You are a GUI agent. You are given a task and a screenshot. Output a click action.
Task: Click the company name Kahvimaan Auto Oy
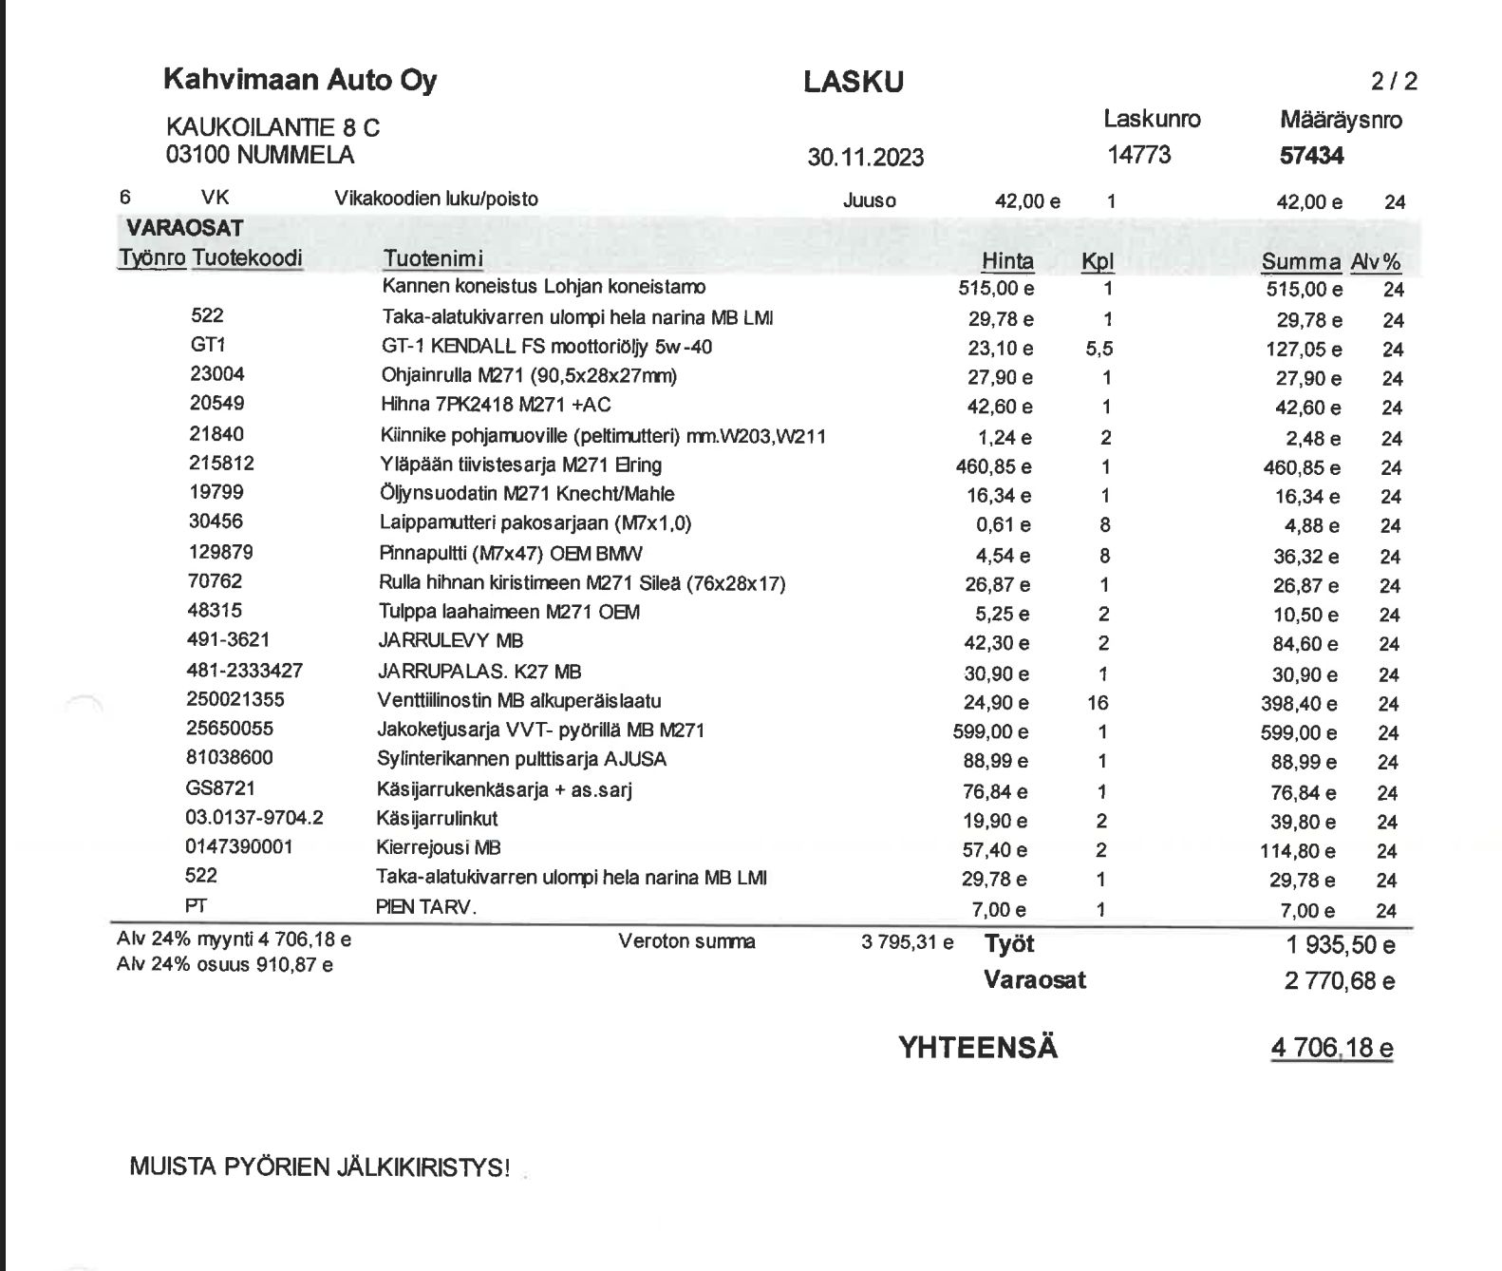(x=300, y=79)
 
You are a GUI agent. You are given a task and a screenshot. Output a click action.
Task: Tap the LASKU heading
(x=853, y=82)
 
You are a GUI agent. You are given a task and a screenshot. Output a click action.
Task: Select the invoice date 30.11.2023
(x=865, y=157)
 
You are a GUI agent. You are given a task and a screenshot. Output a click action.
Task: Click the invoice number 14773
(x=1138, y=155)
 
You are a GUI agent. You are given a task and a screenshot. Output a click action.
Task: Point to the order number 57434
(x=1311, y=156)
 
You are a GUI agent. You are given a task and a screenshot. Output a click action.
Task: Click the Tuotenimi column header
(x=433, y=258)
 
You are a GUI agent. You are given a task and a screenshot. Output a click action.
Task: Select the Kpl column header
(x=1097, y=261)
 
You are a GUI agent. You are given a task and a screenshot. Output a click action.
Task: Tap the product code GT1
(x=208, y=345)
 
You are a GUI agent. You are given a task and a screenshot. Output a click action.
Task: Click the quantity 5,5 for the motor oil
(x=1098, y=349)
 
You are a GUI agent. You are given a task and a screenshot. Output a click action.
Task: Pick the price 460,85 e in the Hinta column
(x=994, y=466)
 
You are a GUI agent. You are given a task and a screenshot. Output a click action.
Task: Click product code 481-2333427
(x=244, y=671)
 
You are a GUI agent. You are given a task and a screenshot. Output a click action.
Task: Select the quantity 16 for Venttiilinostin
(x=1098, y=703)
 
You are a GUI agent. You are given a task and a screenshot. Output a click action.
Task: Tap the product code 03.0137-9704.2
(x=254, y=818)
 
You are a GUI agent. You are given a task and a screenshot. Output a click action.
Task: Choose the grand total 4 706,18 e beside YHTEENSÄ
(x=1331, y=1048)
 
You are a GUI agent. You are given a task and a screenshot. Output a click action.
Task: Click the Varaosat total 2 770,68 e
(x=1339, y=980)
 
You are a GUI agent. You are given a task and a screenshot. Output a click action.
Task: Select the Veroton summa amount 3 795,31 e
(x=907, y=942)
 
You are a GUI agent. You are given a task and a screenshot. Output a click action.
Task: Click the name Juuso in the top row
(x=869, y=200)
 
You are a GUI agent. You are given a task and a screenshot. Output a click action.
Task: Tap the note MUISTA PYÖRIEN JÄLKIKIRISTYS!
(x=319, y=1167)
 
